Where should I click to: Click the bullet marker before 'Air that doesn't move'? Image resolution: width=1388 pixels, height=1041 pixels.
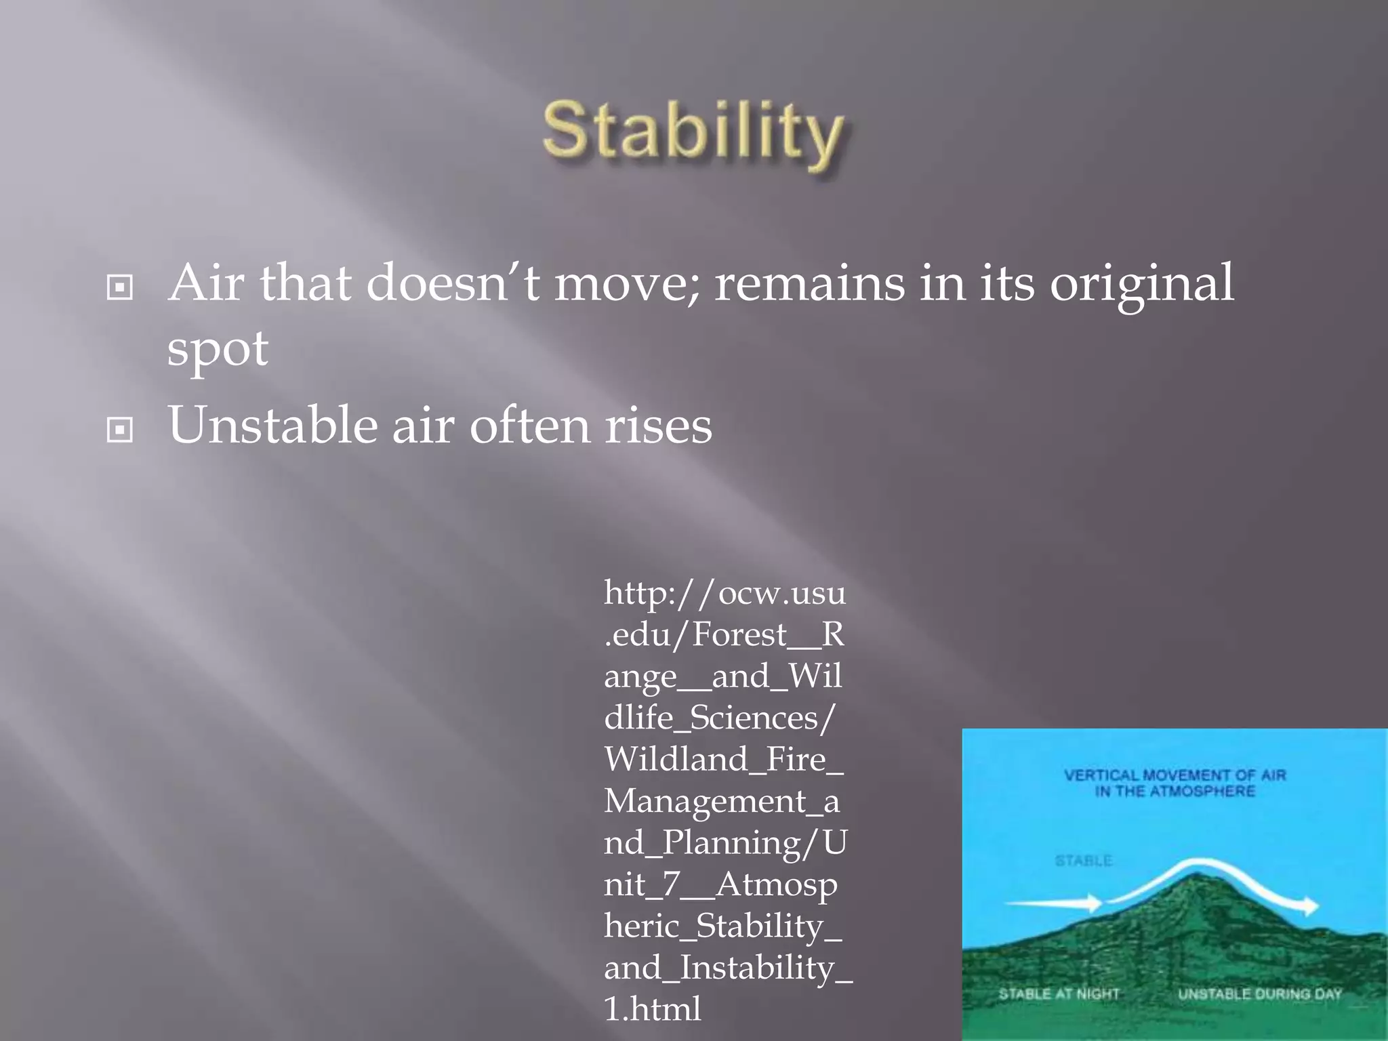(x=120, y=287)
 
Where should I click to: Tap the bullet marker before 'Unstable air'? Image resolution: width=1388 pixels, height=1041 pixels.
(x=120, y=429)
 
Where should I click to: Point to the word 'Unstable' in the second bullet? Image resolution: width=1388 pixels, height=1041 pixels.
(x=272, y=426)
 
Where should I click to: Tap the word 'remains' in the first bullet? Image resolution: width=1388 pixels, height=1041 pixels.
(x=809, y=283)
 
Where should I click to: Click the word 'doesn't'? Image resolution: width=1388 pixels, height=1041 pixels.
(x=453, y=283)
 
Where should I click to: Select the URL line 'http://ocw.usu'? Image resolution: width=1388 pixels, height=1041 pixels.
(x=724, y=593)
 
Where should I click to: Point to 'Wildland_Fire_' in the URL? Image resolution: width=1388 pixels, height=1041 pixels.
(x=723, y=759)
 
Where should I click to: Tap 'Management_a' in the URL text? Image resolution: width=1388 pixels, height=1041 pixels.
(x=722, y=801)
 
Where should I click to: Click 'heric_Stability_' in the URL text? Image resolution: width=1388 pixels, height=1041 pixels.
(x=722, y=926)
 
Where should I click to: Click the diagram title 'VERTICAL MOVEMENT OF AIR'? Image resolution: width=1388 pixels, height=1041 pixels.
(x=1175, y=775)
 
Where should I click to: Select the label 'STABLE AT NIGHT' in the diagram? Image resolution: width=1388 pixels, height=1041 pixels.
(x=1059, y=994)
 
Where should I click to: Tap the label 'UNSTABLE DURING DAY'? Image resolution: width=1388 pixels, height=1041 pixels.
(x=1260, y=994)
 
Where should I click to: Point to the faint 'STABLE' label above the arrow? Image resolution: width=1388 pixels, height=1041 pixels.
(x=1083, y=861)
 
